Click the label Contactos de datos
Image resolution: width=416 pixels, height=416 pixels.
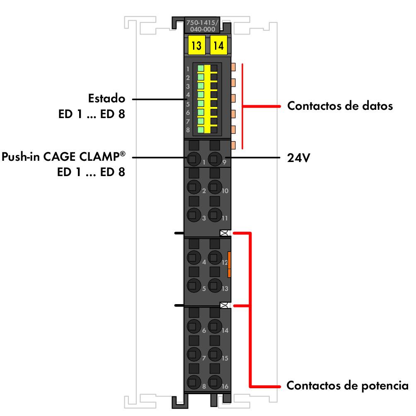click(340, 106)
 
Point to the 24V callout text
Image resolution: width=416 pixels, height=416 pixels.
click(298, 158)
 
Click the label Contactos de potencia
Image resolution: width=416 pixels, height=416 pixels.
click(347, 386)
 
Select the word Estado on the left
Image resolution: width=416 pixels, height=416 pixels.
click(106, 99)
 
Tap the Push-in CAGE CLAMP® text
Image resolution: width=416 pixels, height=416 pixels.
click(64, 158)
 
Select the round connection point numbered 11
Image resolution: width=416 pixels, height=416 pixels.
click(214, 214)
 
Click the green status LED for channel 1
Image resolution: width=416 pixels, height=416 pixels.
click(201, 68)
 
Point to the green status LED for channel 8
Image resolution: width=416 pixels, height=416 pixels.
click(201, 129)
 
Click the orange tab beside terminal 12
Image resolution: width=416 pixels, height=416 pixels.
click(229, 264)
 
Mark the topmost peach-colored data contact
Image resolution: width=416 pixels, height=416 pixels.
click(233, 66)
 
